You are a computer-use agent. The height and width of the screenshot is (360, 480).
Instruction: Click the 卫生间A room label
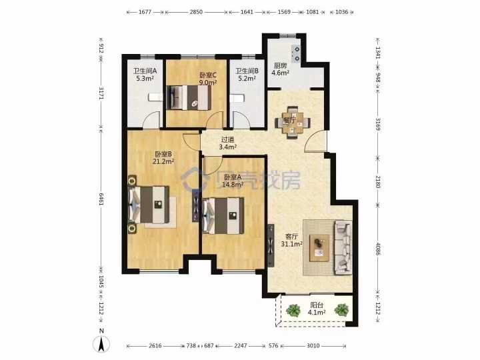pyautogui.click(x=145, y=75)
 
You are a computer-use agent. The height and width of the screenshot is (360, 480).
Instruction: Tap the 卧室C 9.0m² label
pyautogui.click(x=208, y=79)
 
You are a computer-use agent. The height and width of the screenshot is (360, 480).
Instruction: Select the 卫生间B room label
pyautogui.click(x=247, y=75)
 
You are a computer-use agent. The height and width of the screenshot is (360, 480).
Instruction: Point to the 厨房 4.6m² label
pyautogui.click(x=281, y=69)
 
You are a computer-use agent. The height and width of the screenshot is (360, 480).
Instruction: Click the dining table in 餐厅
pyautogui.click(x=293, y=123)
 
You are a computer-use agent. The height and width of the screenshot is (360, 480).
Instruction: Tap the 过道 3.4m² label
pyautogui.click(x=227, y=143)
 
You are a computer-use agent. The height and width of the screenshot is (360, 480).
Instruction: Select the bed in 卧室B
pyautogui.click(x=149, y=205)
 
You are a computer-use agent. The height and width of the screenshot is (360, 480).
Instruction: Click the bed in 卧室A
pyautogui.click(x=224, y=215)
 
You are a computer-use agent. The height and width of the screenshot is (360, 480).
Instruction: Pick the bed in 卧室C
pyautogui.click(x=189, y=97)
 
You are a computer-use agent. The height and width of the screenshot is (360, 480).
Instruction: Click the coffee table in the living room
pyautogui.click(x=319, y=248)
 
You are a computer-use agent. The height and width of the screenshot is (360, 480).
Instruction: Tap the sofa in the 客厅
pyautogui.click(x=343, y=247)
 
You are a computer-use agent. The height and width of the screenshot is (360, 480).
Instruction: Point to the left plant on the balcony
pyautogui.click(x=293, y=311)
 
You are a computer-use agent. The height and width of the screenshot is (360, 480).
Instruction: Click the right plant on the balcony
pyautogui.click(x=341, y=310)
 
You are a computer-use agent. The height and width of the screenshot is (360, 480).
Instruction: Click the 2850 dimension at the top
pyautogui.click(x=196, y=12)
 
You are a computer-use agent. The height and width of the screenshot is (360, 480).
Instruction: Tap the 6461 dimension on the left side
pyautogui.click(x=101, y=199)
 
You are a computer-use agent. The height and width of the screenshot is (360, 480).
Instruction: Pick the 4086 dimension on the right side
pyautogui.click(x=378, y=249)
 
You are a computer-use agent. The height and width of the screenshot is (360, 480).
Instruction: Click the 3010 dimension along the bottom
pyautogui.click(x=313, y=345)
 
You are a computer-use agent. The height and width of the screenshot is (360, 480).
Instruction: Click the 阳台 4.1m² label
pyautogui.click(x=317, y=309)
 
